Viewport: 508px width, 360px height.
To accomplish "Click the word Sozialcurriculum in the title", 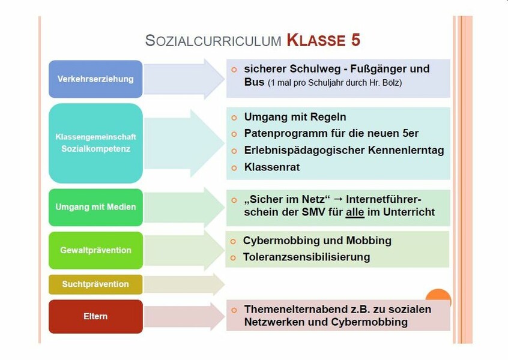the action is pos(213,41).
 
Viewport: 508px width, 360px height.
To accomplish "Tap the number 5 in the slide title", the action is pos(355,40).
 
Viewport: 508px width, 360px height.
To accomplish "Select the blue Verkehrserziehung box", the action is pos(95,79).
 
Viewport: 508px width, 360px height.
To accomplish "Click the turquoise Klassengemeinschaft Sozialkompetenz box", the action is pos(95,143).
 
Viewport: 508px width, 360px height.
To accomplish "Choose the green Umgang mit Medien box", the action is pos(95,207).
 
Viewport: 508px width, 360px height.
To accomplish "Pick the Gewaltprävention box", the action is pos(95,250).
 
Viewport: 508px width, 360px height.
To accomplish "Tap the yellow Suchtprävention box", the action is pos(95,284).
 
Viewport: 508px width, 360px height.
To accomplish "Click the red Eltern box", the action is pos(95,316).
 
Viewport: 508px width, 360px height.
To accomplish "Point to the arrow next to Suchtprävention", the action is pos(184,284).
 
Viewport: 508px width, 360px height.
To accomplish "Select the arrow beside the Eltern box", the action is pos(184,316).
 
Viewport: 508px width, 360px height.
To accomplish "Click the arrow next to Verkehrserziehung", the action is pos(184,79).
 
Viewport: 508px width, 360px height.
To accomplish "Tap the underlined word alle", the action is pos(355,212).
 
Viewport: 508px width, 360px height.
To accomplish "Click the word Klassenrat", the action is pos(272,167).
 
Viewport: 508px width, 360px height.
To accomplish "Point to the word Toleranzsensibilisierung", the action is pos(306,257).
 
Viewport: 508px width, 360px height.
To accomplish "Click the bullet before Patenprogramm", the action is pos(234,134).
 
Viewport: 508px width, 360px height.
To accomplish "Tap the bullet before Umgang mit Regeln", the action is pos(234,118).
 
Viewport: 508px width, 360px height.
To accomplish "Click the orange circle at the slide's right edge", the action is pos(438,295).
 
